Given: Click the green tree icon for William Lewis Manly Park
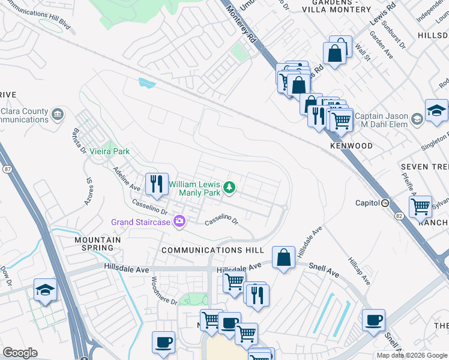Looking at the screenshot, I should coord(229,188).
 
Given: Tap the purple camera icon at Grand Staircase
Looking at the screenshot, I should coord(179,222).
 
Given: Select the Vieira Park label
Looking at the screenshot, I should coord(110,152).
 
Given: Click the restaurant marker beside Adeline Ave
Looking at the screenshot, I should coord(157,184).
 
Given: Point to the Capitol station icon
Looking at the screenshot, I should coord(385,203).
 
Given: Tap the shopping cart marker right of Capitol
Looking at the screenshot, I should coord(421,207).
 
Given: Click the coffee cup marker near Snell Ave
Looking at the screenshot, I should coord(373,320).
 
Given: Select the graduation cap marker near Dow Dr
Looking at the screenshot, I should coord(45,290).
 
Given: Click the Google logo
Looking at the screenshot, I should coord(20,353).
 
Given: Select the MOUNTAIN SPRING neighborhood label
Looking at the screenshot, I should coord(97,244).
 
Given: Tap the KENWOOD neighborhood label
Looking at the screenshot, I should coord(351,146).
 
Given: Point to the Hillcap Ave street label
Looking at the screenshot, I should coord(360,272).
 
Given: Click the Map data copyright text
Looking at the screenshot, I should coord(411,355).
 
